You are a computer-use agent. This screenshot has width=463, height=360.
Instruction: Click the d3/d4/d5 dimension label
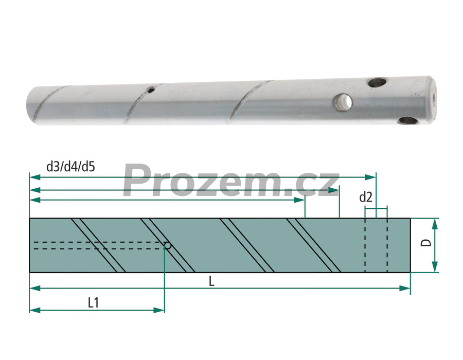tap(70, 167)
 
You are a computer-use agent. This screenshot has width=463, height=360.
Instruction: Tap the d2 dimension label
tap(366, 197)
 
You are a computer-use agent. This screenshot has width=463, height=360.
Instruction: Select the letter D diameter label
tap(426, 243)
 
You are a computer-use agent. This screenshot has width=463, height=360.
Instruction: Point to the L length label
tap(211, 281)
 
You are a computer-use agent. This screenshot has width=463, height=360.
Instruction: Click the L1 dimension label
tap(93, 303)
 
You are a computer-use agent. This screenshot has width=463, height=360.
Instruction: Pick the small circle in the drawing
tap(168, 245)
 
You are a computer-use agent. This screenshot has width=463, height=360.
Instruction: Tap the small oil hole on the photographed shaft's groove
tap(151, 89)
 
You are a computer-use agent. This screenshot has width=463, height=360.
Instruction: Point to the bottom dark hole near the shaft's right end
tap(408, 120)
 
